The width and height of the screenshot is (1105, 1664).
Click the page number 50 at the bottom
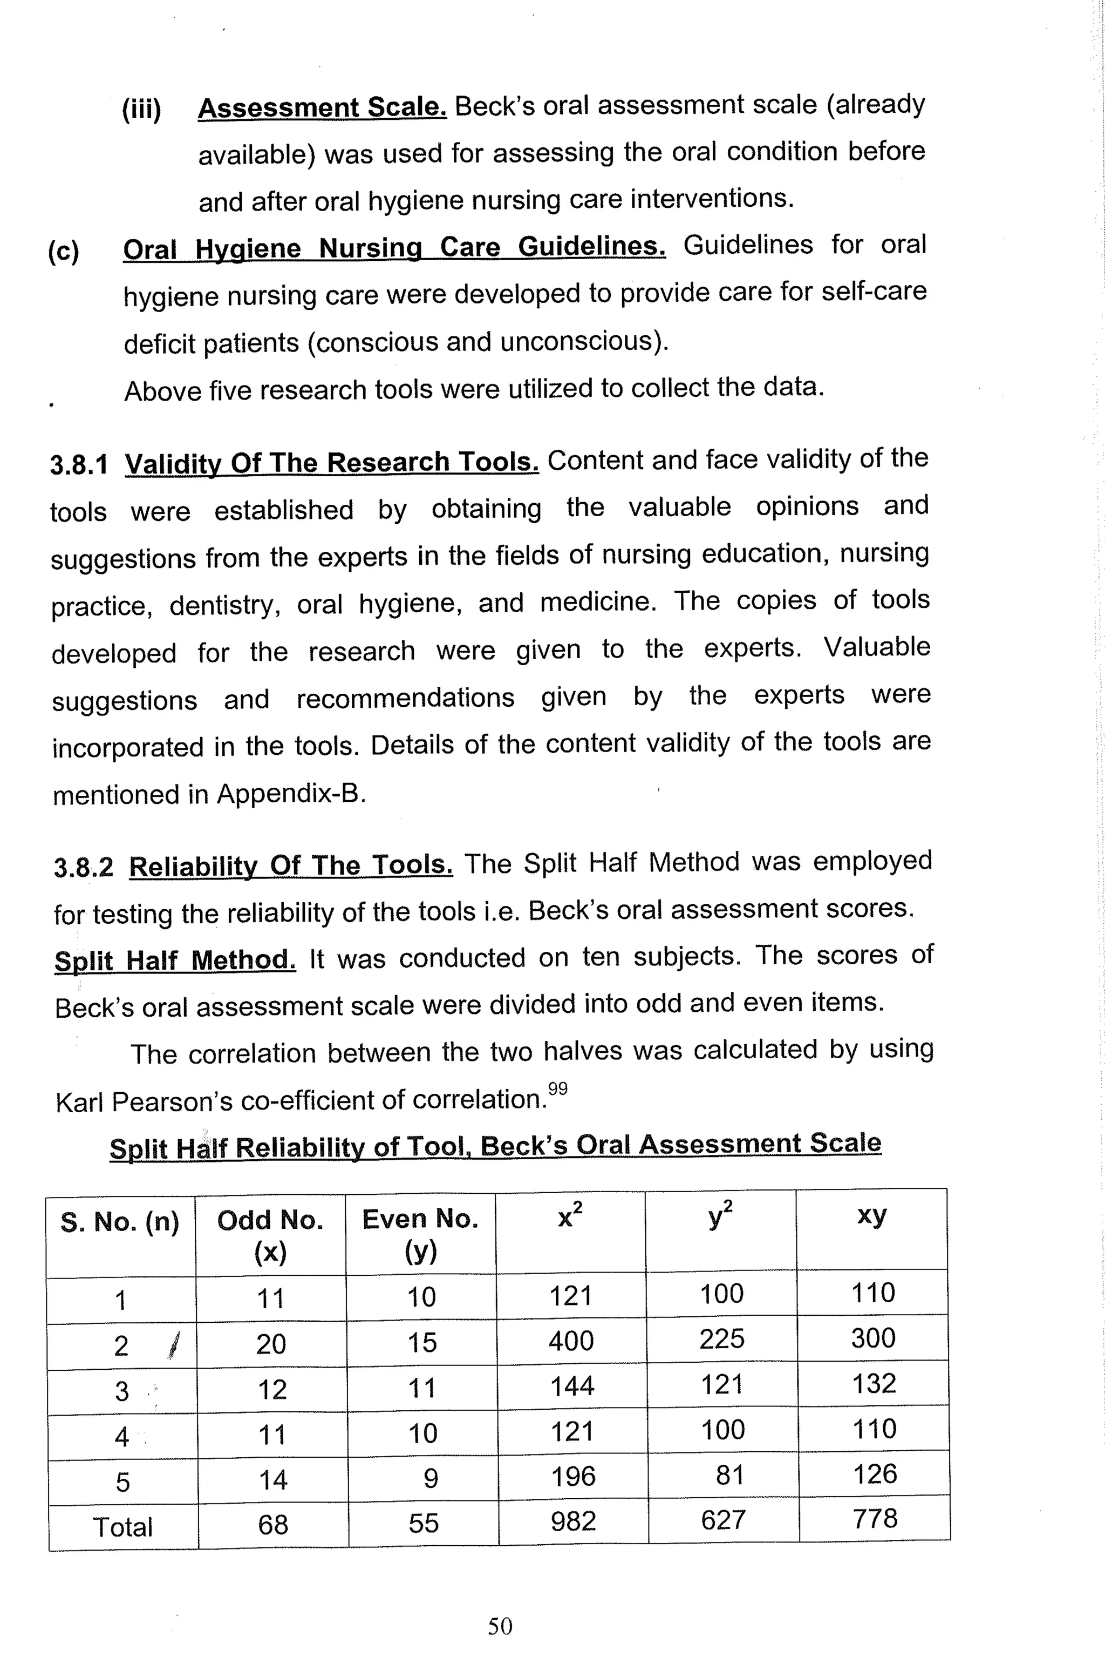(500, 1626)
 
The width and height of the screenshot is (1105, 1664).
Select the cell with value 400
(571, 1341)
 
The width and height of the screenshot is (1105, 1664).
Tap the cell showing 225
(721, 1338)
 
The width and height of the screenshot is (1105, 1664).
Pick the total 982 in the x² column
(573, 1521)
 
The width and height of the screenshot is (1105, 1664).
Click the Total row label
(122, 1526)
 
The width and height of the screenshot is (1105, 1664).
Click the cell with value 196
(573, 1476)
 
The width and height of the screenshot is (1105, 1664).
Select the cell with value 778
(875, 1518)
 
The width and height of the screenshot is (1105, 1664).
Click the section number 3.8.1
(79, 465)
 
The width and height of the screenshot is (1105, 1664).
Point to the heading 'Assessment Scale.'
(322, 108)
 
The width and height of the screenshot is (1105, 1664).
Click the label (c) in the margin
(64, 251)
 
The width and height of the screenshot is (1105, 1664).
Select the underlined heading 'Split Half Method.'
(175, 960)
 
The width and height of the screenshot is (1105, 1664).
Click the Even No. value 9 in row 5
(431, 1478)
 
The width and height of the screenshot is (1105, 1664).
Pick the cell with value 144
(571, 1386)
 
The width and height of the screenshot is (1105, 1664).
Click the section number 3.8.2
(83, 867)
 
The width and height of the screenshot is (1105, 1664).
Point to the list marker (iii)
(142, 110)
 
